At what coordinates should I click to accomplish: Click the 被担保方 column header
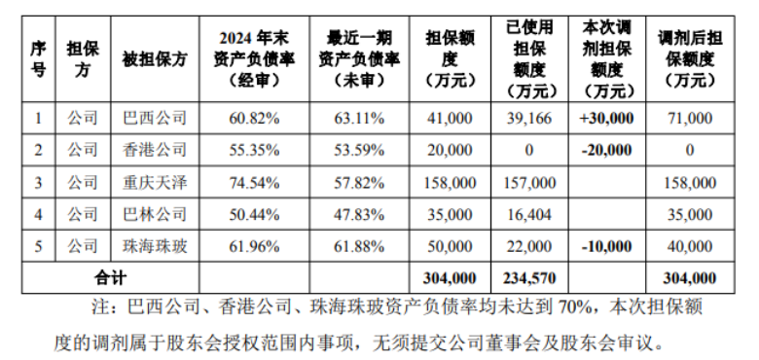click(156, 58)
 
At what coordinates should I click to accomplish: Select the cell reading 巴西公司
click(156, 118)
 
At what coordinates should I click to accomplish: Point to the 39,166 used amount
click(532, 118)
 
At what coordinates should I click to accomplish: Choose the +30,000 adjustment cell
click(613, 118)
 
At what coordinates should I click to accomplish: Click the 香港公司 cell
click(156, 150)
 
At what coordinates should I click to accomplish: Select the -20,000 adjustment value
click(613, 150)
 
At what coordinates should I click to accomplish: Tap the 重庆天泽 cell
click(156, 182)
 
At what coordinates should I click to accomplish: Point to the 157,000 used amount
click(532, 182)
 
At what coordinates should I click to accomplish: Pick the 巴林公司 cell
click(156, 213)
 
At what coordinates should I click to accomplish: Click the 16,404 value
click(532, 213)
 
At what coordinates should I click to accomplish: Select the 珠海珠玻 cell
click(156, 245)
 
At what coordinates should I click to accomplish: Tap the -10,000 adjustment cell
click(613, 245)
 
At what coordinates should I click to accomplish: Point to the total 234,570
click(531, 277)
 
